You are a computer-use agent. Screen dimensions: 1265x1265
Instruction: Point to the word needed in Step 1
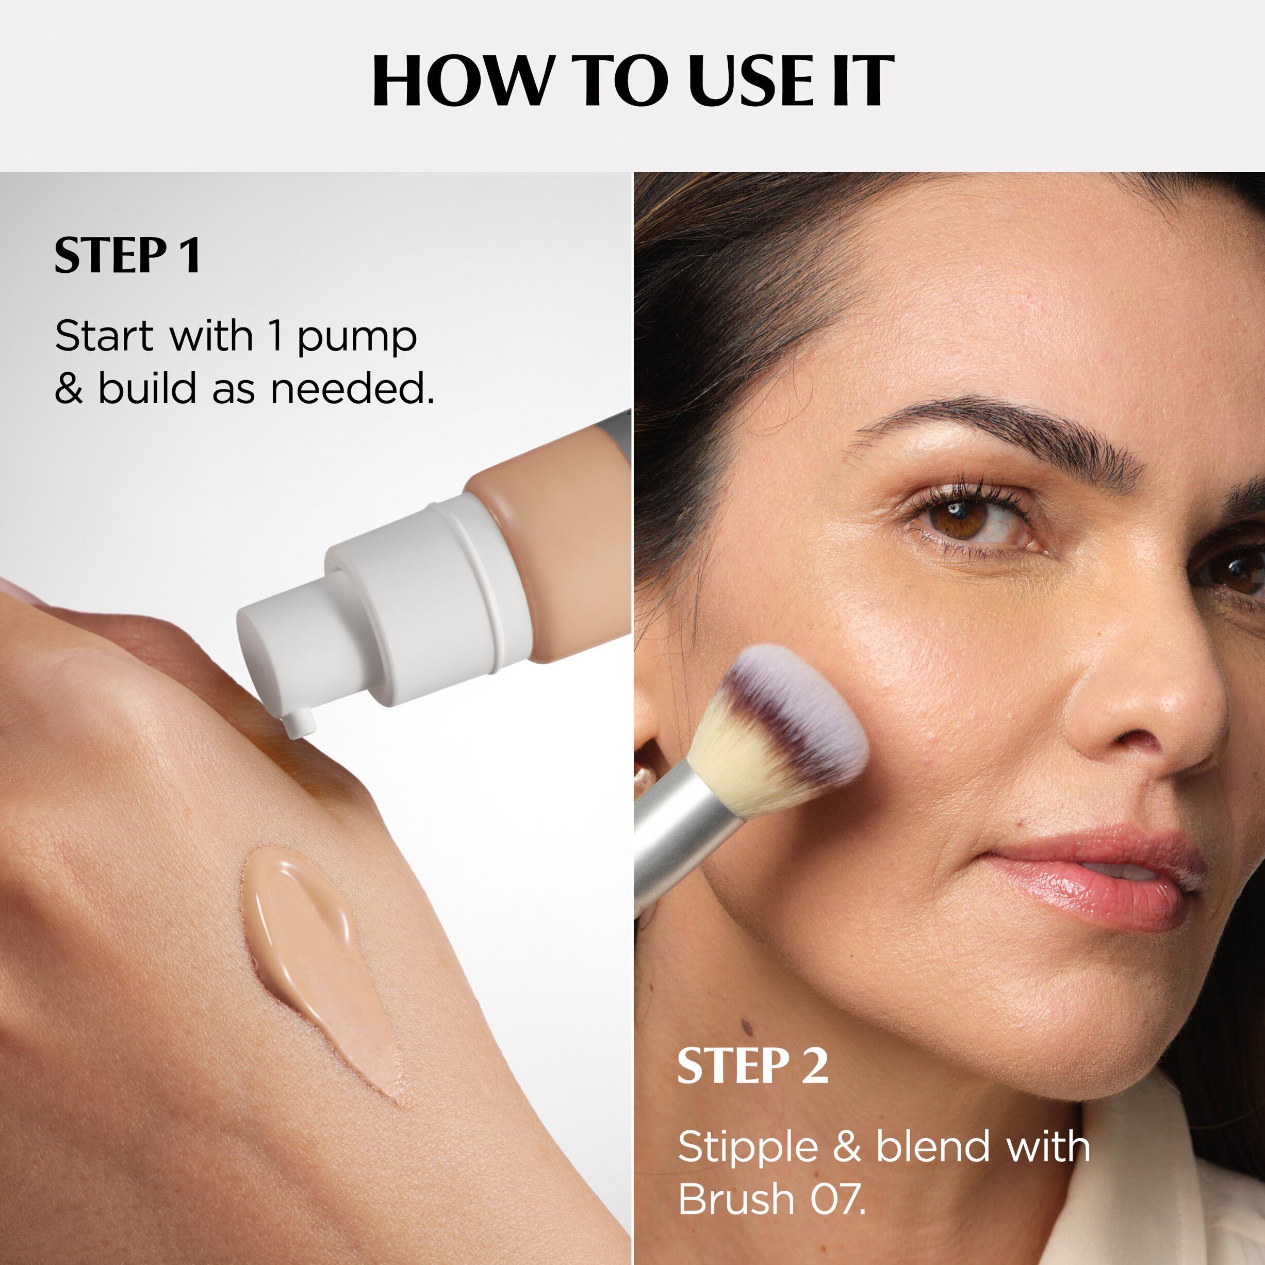(x=352, y=389)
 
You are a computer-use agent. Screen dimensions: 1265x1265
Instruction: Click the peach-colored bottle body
(x=556, y=524)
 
